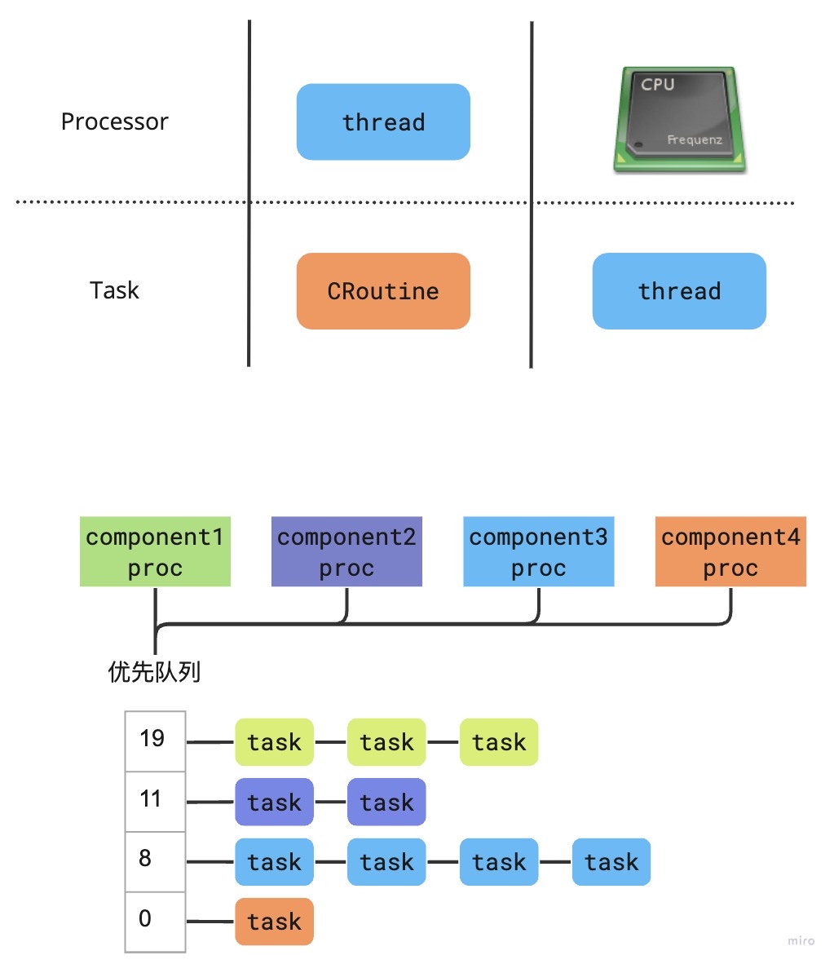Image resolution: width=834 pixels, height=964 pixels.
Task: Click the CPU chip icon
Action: (680, 120)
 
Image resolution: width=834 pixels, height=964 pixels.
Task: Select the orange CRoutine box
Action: (383, 291)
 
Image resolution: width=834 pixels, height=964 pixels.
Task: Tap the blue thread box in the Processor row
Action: (383, 122)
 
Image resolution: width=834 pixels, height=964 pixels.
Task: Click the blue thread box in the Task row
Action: (679, 291)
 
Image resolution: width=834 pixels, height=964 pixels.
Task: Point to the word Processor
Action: (114, 122)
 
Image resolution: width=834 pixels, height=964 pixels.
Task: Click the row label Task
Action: (114, 290)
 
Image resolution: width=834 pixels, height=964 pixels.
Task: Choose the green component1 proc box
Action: (155, 551)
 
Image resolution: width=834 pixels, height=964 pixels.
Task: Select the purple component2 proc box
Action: (346, 551)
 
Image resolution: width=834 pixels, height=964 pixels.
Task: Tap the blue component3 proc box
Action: (538, 551)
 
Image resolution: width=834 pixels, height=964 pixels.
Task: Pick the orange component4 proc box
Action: (730, 551)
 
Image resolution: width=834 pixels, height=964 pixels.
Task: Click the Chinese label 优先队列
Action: (154, 672)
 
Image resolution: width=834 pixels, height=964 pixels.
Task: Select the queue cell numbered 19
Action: (155, 741)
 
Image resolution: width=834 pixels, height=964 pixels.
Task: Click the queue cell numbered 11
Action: (155, 801)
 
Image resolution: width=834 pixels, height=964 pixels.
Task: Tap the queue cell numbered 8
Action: (155, 860)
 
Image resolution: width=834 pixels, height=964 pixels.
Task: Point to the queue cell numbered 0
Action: (155, 921)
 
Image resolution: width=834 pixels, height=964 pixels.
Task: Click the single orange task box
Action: (274, 922)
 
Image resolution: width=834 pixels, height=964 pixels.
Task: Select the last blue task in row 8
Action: (611, 862)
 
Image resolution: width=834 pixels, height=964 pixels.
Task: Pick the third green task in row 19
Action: (499, 742)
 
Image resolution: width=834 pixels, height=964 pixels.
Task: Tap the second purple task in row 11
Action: (386, 803)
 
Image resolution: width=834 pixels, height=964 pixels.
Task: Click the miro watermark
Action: (801, 940)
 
